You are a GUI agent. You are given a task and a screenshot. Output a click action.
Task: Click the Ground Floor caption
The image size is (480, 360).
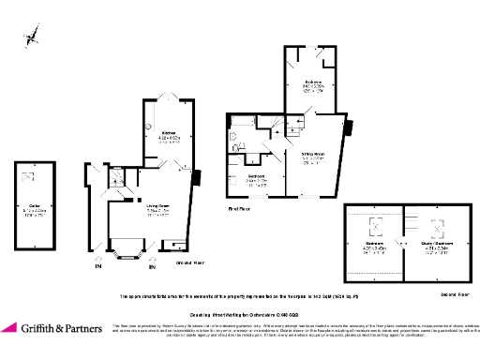click(x=188, y=264)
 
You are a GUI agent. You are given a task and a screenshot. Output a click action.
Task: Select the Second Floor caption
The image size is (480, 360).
click(x=455, y=293)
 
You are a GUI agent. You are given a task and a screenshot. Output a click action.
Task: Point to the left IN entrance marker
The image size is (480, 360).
click(x=97, y=267)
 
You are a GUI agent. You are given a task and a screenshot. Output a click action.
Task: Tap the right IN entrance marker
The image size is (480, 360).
click(x=152, y=267)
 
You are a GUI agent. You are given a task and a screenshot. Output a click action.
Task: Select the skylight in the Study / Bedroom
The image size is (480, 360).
click(x=435, y=225)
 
